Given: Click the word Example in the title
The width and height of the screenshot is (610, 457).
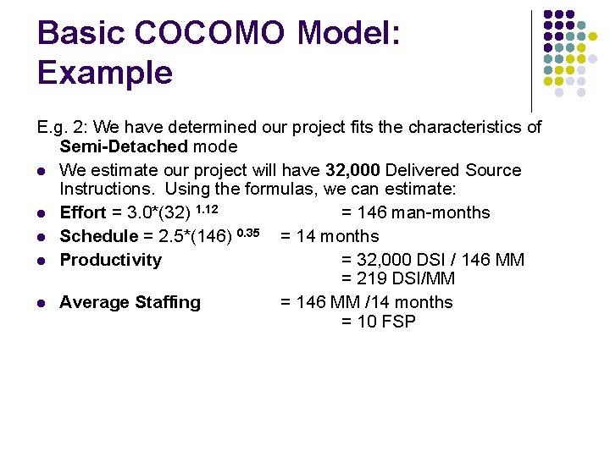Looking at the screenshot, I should point(104,73).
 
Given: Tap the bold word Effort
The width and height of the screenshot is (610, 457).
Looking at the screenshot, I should point(83,212).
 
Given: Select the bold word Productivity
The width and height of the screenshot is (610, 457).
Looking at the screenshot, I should point(110,260).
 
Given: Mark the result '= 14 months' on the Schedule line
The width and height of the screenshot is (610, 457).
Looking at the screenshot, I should point(330,236).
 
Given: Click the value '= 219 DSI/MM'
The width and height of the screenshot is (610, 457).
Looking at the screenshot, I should point(398,278).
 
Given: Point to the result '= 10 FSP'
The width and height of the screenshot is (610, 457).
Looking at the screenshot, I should point(378,321).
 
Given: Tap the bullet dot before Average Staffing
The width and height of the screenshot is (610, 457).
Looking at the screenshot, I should point(41,303).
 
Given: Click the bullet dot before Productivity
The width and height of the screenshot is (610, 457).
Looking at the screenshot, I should point(41,261).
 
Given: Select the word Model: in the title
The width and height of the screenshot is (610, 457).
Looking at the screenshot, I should point(348,33).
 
